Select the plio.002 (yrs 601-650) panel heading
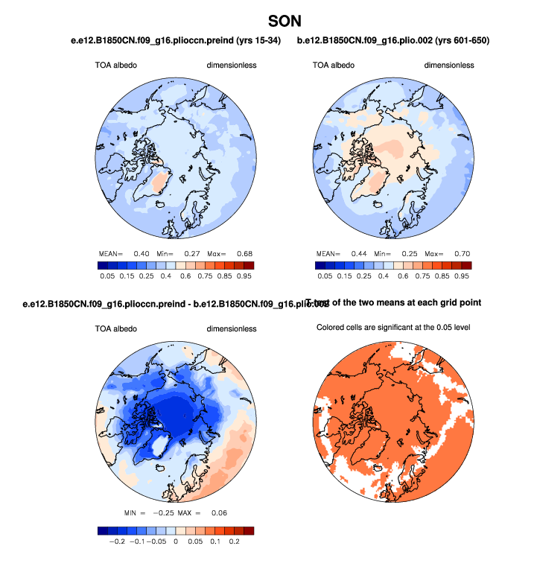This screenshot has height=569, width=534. tap(392, 40)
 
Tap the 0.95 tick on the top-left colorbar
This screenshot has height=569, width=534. tap(244, 276)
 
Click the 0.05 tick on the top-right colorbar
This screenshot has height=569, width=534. tap(325, 276)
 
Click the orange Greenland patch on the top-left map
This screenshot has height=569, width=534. tap(160, 181)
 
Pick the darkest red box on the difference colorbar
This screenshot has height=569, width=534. tap(248, 530)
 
